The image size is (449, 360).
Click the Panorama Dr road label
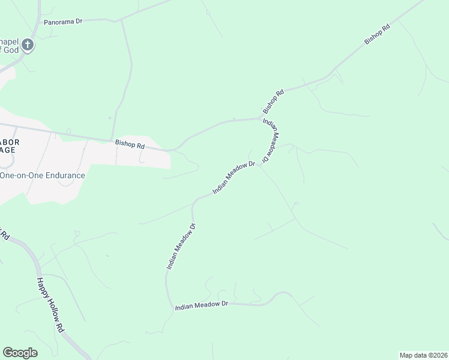63,21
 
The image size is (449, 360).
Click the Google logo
20,353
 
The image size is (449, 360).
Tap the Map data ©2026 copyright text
423,355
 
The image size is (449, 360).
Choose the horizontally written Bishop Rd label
130,145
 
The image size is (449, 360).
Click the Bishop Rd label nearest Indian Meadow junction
273,102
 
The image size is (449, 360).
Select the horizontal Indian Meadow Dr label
202,306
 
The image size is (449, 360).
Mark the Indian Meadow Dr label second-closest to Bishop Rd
234,178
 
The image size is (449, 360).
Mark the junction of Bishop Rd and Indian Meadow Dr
261,118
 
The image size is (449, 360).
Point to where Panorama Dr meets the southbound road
121,20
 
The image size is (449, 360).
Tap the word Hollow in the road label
51,305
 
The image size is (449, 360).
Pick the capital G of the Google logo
8,353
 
